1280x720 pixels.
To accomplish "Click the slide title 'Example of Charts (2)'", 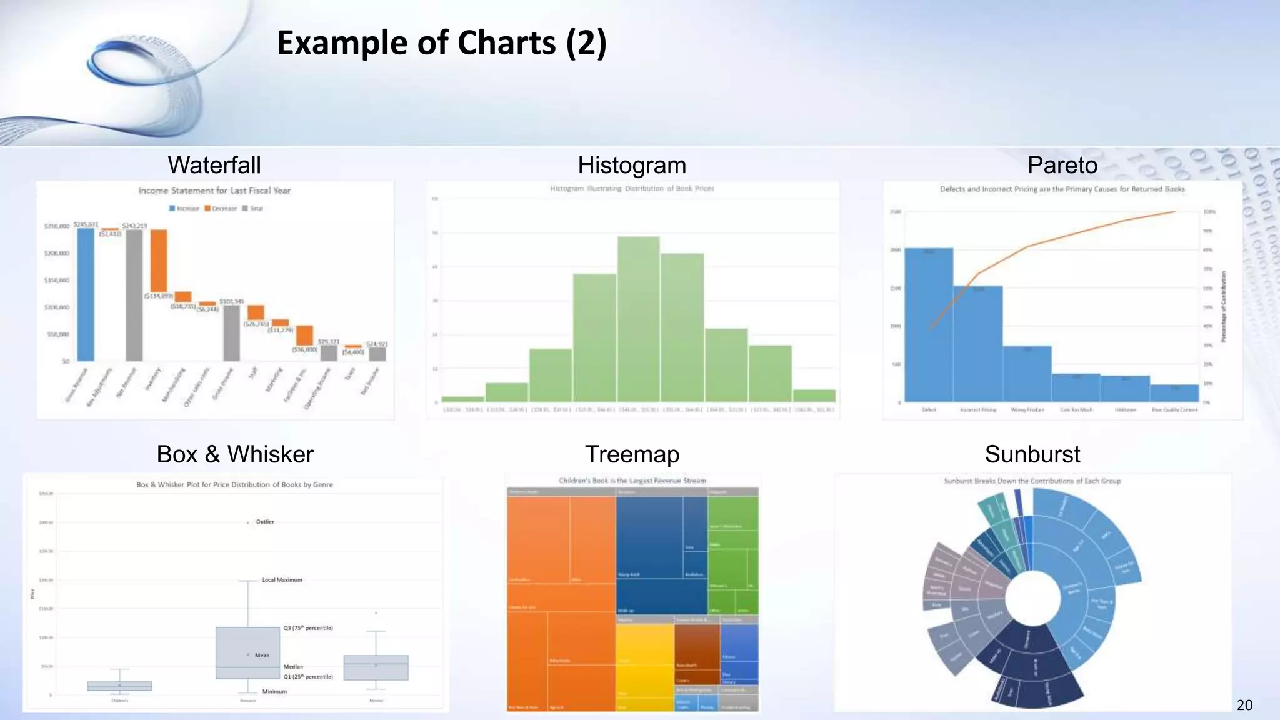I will click(441, 43).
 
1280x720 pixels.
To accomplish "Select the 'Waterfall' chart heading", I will click(214, 165).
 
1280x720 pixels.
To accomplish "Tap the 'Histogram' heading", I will click(632, 165).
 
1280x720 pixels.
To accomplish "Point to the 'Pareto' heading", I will click(1062, 165).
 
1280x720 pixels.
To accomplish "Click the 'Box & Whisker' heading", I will click(235, 454).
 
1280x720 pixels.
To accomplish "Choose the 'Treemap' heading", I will click(632, 454).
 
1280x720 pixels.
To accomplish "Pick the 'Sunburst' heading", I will click(1032, 454).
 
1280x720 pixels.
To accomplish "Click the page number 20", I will click(1244, 705).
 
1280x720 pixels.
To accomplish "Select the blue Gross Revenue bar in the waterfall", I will click(86, 294).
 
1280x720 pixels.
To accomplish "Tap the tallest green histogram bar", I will click(638, 319).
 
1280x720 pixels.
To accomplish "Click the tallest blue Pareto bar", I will click(929, 325).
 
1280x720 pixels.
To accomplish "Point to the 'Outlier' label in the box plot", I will click(265, 522).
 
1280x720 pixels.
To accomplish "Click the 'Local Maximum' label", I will click(282, 580).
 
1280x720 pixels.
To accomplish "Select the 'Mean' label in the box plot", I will click(262, 656).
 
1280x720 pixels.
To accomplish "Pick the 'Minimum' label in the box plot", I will click(274, 691).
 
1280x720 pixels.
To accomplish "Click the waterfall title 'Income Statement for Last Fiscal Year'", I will click(214, 191).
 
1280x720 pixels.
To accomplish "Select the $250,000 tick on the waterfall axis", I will click(57, 226).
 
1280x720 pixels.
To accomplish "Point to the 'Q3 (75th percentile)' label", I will click(308, 628).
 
